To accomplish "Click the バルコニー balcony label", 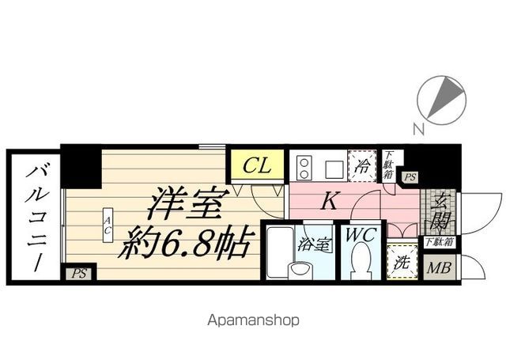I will click(35, 214).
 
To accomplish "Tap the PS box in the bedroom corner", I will click(77, 275).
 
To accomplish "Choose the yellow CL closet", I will click(257, 166).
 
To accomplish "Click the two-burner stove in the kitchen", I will click(304, 167).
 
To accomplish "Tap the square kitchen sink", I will click(332, 168).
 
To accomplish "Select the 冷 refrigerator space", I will click(364, 167).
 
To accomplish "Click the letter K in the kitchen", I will click(331, 202).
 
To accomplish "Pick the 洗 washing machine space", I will click(402, 263).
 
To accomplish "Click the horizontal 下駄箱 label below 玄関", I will click(439, 242).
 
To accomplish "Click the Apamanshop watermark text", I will click(252, 321).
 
